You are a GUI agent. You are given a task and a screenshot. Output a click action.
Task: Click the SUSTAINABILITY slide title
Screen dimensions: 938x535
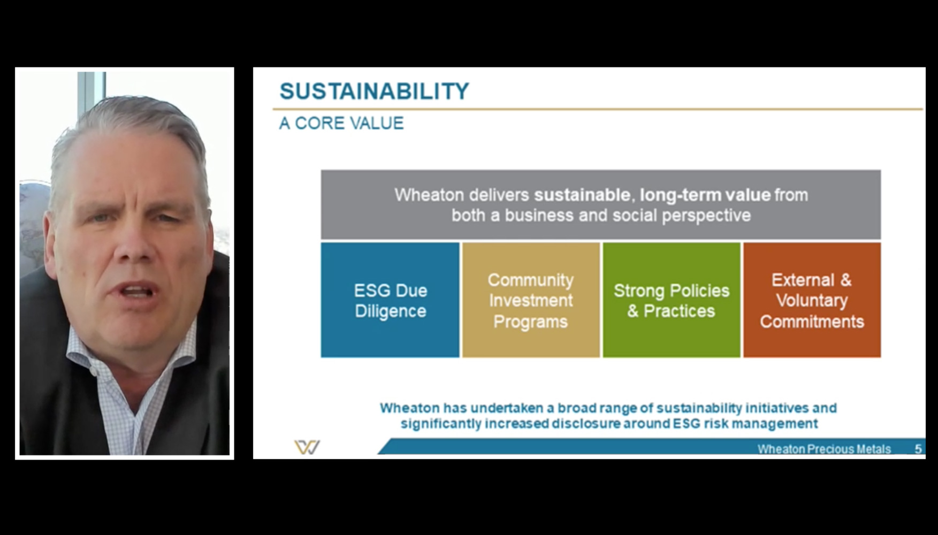(x=374, y=91)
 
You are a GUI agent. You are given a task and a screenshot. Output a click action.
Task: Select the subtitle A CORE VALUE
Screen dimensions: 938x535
(x=341, y=123)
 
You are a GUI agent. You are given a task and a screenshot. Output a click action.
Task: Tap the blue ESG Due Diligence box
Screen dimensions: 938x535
(x=390, y=300)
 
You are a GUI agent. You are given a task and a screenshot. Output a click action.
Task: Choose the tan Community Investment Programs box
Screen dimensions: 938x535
(x=531, y=300)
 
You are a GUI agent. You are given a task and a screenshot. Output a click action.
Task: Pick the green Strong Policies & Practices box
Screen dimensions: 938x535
(x=672, y=300)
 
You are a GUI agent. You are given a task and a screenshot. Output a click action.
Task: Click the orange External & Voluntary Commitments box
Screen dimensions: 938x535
(x=812, y=300)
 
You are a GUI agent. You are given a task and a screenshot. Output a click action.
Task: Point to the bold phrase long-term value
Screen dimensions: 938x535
(x=705, y=195)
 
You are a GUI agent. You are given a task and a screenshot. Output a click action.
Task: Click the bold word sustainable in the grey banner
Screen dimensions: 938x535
(x=582, y=195)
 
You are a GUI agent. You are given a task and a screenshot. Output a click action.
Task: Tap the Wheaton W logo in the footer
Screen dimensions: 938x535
(x=307, y=447)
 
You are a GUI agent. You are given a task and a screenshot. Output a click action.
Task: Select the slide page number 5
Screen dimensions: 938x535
(x=918, y=449)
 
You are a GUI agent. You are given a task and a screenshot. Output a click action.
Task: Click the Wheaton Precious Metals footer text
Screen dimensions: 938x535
(x=824, y=449)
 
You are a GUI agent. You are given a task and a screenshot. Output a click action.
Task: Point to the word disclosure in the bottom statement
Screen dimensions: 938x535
(x=585, y=424)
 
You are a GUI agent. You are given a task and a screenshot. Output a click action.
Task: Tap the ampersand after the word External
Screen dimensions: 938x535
(x=845, y=280)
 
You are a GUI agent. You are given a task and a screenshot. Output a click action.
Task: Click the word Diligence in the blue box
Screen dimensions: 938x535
(x=391, y=311)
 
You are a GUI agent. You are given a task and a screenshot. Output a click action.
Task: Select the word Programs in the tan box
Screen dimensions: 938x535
(x=530, y=322)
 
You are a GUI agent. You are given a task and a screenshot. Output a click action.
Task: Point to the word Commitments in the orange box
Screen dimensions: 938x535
(x=812, y=322)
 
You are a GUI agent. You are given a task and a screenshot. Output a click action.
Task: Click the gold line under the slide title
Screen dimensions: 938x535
(x=598, y=109)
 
